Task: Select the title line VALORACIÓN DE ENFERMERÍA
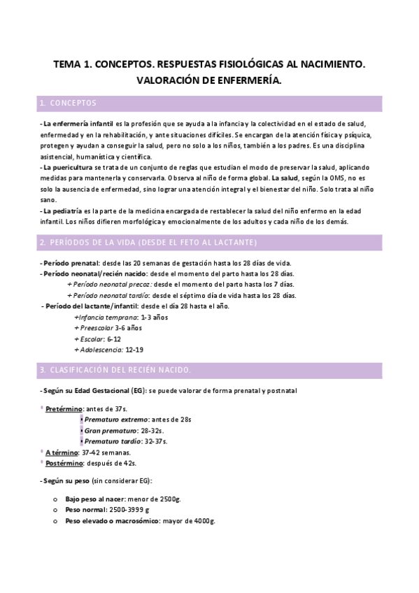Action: click(x=209, y=80)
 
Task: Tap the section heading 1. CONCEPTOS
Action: click(x=69, y=103)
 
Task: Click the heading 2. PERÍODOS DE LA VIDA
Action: click(x=148, y=242)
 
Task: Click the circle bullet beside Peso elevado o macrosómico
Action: click(x=55, y=522)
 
